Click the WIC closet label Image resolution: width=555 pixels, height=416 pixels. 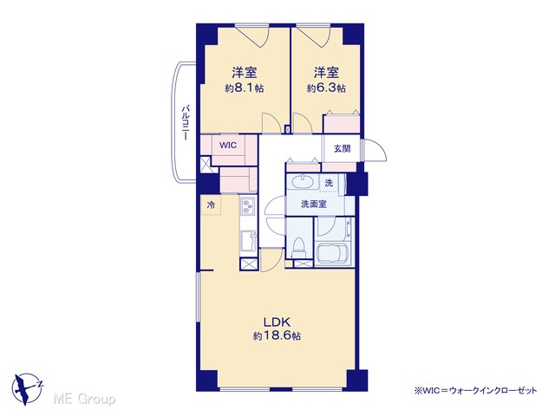pos(227,146)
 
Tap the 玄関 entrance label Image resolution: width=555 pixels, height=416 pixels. pos(342,148)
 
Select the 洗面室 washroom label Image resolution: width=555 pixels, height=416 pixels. pos(314,205)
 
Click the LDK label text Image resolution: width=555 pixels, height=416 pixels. pos(277,322)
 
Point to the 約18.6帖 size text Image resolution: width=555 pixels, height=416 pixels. pos(277,335)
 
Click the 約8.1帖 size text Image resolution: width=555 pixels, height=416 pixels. pos(245,88)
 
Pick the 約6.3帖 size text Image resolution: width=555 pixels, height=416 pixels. pos(326,88)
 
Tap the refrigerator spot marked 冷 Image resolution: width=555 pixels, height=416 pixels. pos(211,205)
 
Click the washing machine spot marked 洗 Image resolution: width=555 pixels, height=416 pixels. pos(330,183)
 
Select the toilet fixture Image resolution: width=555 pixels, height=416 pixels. pos(298,248)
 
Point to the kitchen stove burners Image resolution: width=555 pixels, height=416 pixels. pos(247,205)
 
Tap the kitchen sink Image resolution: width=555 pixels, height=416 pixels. pos(248,241)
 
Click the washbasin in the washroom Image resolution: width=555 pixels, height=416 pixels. pos(303,183)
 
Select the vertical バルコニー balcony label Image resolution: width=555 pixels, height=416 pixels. pos(185,122)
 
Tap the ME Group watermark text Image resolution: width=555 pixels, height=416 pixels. pos(84,399)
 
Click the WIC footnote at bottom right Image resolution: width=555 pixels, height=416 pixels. pos(476,390)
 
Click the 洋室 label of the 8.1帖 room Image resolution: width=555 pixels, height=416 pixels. pos(245,73)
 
